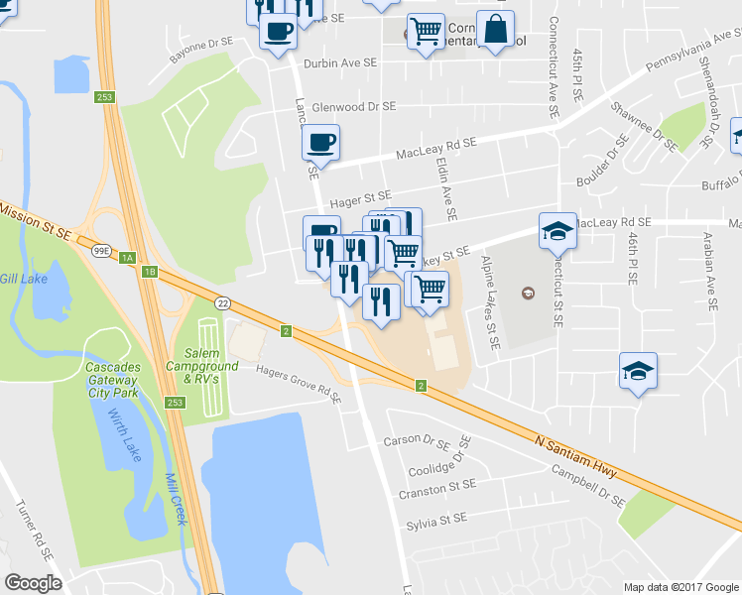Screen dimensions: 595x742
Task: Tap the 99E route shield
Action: pyautogui.click(x=101, y=252)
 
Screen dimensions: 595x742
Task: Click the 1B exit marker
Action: pyautogui.click(x=150, y=270)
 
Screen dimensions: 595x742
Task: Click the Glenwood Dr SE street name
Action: pyautogui.click(x=353, y=106)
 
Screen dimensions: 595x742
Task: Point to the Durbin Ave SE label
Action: pyautogui.click(x=341, y=61)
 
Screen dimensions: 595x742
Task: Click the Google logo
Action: pyautogui.click(x=33, y=582)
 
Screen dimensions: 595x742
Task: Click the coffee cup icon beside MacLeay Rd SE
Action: pyautogui.click(x=319, y=143)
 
